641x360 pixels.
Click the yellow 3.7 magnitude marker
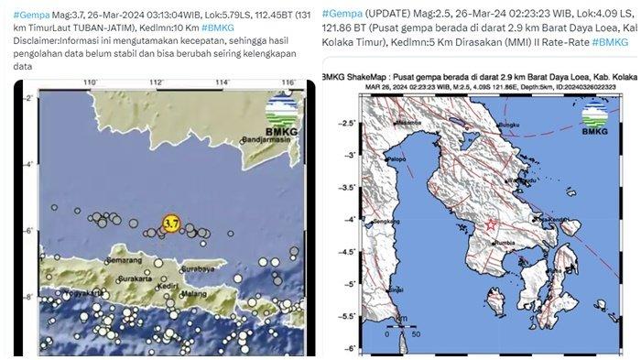pos(169,224)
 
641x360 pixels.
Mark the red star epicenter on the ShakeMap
pos(492,224)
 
